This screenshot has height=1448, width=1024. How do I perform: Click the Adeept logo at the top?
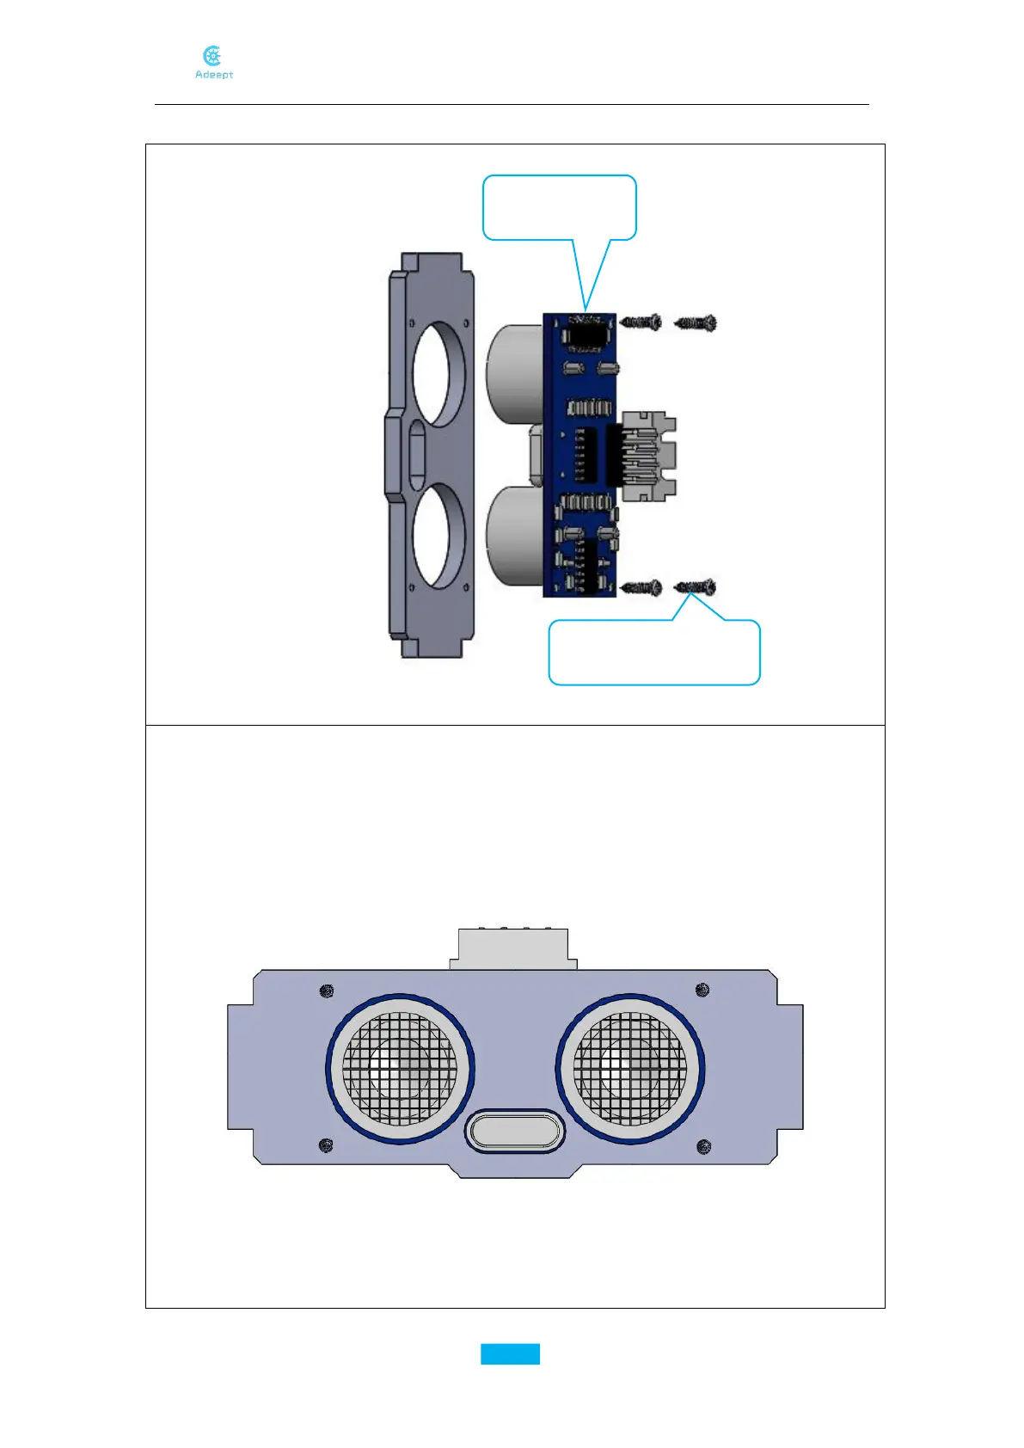[x=213, y=63]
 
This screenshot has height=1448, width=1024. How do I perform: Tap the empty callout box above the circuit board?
[x=559, y=206]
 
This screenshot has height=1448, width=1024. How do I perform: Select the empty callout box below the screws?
[x=654, y=653]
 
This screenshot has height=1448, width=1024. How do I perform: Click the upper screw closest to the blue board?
[x=641, y=322]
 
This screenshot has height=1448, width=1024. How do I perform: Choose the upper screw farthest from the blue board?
[x=696, y=323]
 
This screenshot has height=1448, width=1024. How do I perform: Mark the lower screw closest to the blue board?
[x=641, y=588]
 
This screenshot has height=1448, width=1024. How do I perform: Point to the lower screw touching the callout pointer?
[x=696, y=587]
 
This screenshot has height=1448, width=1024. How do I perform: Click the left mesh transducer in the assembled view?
[x=400, y=1069]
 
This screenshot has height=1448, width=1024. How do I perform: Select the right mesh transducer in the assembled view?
[x=630, y=1069]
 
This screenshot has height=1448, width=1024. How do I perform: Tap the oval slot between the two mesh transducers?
[x=514, y=1130]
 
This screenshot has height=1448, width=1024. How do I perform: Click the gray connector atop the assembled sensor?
[x=513, y=948]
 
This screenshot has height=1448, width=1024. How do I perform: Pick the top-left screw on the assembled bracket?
[x=326, y=991]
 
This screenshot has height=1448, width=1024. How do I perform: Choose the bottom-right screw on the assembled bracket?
[x=703, y=1146]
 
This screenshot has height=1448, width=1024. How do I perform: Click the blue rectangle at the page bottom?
[x=510, y=1354]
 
